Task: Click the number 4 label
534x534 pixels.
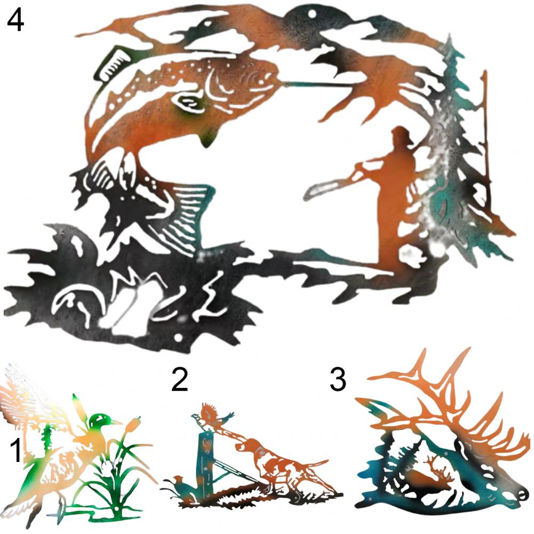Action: pyautogui.click(x=15, y=20)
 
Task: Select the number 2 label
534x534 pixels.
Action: pyautogui.click(x=179, y=379)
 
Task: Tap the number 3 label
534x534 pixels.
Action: pyautogui.click(x=338, y=379)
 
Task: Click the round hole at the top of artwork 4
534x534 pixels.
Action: pyautogui.click(x=312, y=14)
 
